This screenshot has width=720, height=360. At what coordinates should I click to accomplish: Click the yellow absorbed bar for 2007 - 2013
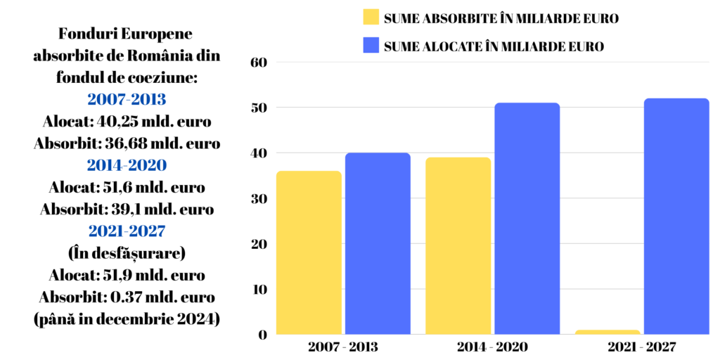click(x=309, y=252)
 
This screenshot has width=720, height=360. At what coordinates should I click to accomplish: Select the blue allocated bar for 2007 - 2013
click(x=378, y=243)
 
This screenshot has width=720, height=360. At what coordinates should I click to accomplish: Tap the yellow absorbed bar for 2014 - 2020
click(x=458, y=245)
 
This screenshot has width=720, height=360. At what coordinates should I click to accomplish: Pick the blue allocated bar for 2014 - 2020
click(x=527, y=219)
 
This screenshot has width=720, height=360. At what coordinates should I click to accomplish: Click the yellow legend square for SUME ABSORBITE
click(x=371, y=18)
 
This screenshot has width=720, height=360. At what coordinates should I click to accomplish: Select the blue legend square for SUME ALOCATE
click(x=371, y=46)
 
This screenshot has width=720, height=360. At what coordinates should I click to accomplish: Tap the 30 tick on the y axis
click(x=260, y=198)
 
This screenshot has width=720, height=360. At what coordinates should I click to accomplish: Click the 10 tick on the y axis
click(x=260, y=289)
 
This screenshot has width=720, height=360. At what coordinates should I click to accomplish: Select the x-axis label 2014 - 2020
click(x=492, y=347)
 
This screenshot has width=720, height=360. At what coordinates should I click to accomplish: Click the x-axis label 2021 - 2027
click(x=641, y=347)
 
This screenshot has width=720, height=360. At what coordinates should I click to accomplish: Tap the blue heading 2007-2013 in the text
click(x=127, y=98)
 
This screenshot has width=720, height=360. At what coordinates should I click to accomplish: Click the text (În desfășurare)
click(x=127, y=252)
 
